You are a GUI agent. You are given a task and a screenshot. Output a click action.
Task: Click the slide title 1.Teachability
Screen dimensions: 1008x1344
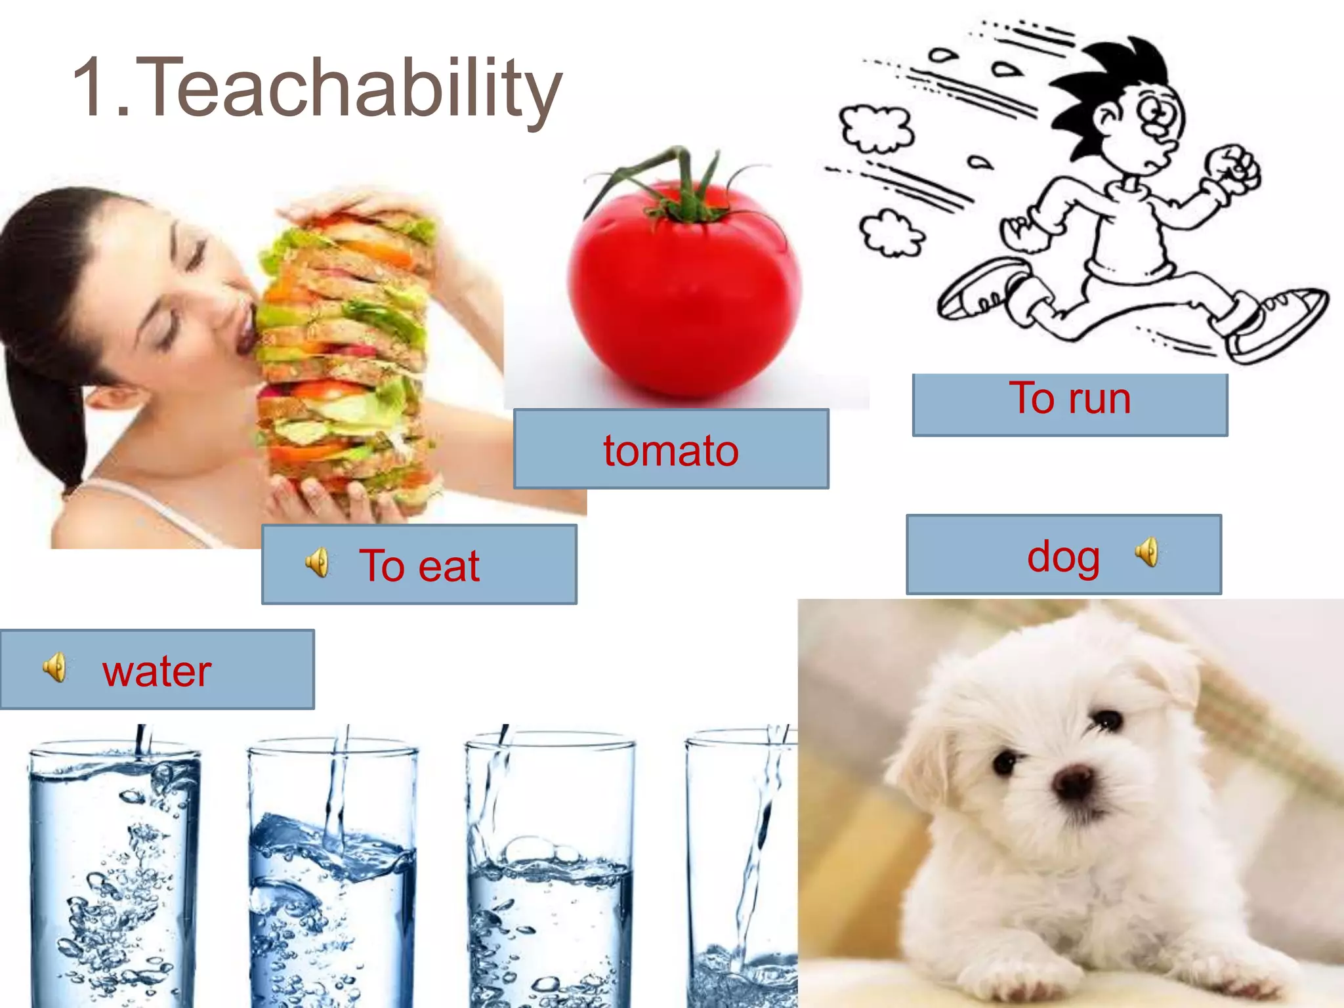pyautogui.click(x=316, y=89)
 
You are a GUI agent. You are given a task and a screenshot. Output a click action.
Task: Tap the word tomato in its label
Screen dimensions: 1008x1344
pyautogui.click(x=671, y=451)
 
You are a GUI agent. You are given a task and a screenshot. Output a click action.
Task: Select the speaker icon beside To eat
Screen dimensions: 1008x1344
pyautogui.click(x=318, y=563)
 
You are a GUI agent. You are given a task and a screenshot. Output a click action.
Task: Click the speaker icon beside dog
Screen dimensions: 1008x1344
pyautogui.click(x=1148, y=552)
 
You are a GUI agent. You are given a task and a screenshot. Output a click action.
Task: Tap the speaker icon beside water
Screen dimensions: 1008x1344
pyautogui.click(x=55, y=668)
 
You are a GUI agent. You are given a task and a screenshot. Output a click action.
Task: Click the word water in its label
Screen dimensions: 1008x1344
pyautogui.click(x=157, y=671)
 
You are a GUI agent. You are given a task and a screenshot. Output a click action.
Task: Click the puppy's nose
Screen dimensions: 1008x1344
pyautogui.click(x=1074, y=781)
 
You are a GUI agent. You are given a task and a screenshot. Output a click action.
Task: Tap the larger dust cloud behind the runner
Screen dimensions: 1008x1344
pyautogui.click(x=876, y=128)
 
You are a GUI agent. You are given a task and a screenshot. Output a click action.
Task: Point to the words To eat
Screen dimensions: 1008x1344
pyautogui.click(x=419, y=566)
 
